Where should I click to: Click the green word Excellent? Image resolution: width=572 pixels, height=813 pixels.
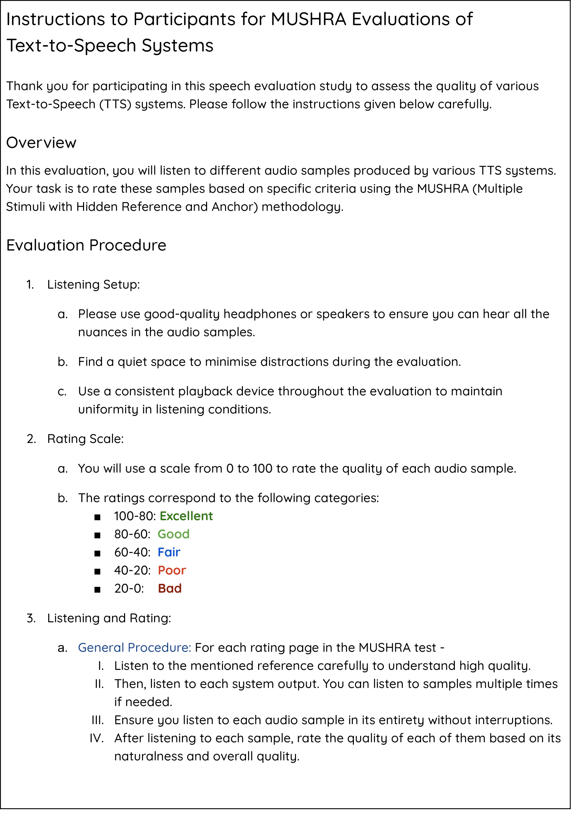click(186, 516)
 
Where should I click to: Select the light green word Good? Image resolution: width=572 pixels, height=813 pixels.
click(173, 534)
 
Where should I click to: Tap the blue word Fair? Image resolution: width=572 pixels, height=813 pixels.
click(169, 552)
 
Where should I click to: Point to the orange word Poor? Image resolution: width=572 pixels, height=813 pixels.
click(172, 571)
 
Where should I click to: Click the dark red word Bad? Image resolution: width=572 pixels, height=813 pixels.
click(170, 589)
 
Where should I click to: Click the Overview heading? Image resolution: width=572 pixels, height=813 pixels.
click(41, 143)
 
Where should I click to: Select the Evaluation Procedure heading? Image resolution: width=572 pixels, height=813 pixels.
click(86, 245)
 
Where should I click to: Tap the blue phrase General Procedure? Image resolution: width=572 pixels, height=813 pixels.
click(134, 648)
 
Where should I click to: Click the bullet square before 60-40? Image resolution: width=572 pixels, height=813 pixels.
click(97, 553)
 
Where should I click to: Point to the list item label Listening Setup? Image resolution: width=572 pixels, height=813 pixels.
click(93, 285)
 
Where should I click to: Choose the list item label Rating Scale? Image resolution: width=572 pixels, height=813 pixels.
click(85, 439)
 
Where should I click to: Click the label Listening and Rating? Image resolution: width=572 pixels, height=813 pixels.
click(109, 618)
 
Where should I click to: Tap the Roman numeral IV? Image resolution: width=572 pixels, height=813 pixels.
click(96, 738)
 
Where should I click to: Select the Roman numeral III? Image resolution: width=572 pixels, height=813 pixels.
click(97, 720)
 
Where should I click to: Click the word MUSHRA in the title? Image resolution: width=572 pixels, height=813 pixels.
click(308, 19)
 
